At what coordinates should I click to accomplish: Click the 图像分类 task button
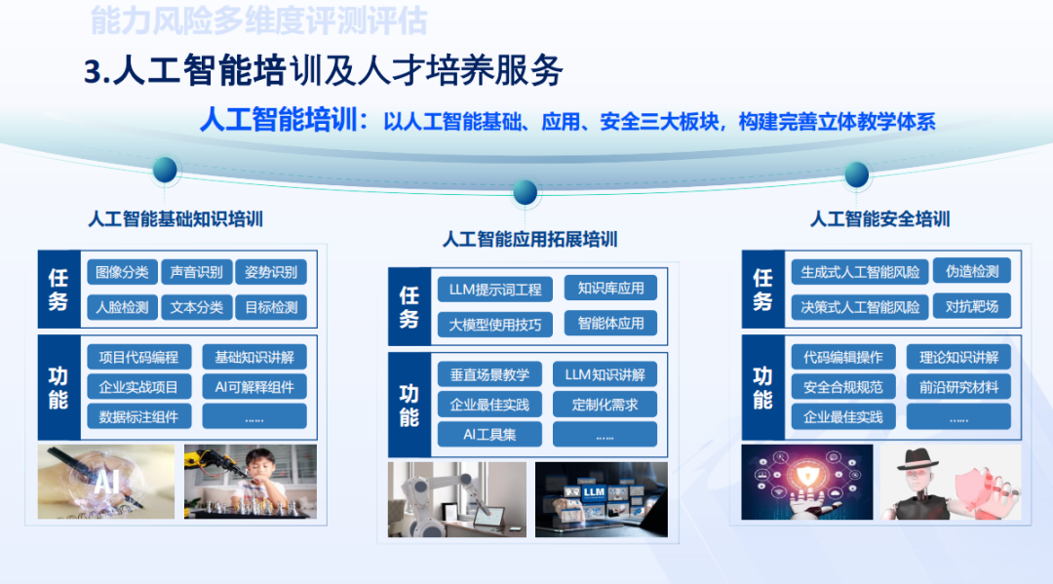(122, 272)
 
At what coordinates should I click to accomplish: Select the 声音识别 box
(197, 272)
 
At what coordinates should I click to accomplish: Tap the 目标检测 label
(271, 307)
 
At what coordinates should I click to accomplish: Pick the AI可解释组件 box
(254, 387)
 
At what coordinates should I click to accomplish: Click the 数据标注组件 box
(139, 417)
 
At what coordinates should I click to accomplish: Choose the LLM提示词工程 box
(495, 290)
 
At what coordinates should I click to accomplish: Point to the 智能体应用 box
(611, 324)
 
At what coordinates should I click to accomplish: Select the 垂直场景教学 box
(489, 374)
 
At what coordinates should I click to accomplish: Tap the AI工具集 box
(489, 434)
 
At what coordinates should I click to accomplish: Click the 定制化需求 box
(605, 405)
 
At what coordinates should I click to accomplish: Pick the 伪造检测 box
(972, 271)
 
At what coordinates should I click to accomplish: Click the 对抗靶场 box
(972, 307)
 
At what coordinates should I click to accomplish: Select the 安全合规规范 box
(843, 387)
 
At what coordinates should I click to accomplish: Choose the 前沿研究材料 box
(959, 387)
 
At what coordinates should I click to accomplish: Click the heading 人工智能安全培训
(879, 218)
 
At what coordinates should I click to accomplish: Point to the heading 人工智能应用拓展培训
(529, 240)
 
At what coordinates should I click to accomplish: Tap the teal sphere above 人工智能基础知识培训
(165, 170)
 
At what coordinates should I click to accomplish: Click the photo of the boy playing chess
(251, 482)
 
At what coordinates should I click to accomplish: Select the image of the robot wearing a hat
(951, 482)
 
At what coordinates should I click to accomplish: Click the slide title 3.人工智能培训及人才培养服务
(324, 70)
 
